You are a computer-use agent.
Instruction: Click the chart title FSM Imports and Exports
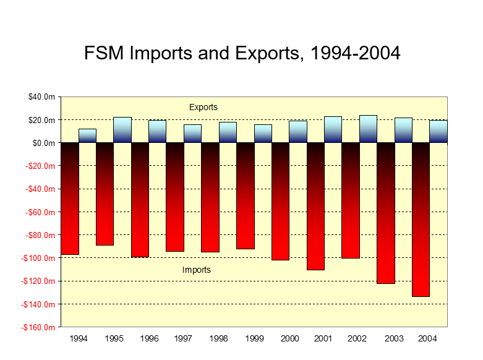pyautogui.click(x=242, y=53)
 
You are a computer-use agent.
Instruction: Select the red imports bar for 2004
pyautogui.click(x=421, y=220)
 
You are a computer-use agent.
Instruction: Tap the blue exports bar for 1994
pyautogui.click(x=87, y=136)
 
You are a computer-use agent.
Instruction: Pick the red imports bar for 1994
pyautogui.click(x=70, y=199)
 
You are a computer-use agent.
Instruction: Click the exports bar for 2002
pyautogui.click(x=368, y=129)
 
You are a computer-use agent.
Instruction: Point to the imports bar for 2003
pyautogui.click(x=385, y=213)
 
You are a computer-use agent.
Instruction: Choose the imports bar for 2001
pyautogui.click(x=315, y=206)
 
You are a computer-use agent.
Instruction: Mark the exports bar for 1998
pyautogui.click(x=228, y=132)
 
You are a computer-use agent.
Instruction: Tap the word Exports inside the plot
pyautogui.click(x=203, y=107)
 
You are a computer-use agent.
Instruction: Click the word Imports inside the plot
pyautogui.click(x=197, y=270)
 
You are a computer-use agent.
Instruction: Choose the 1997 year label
pyautogui.click(x=184, y=339)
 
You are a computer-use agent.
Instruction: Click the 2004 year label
pyautogui.click(x=429, y=339)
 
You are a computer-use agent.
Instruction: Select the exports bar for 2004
pyautogui.click(x=438, y=131)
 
